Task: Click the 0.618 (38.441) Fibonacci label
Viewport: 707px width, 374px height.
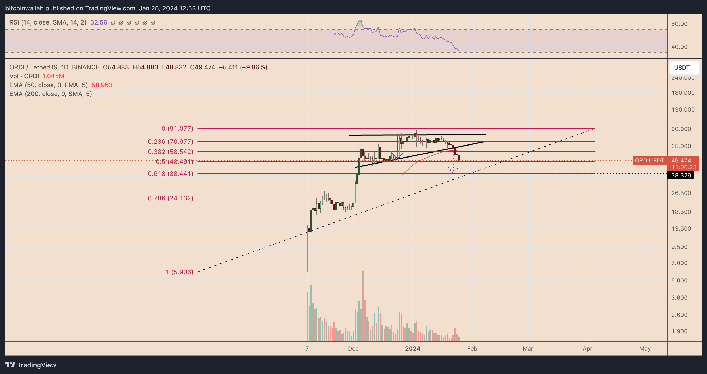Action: point(170,173)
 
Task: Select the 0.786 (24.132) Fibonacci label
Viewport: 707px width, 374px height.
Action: point(170,198)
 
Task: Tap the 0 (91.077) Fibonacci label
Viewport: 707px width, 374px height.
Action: point(177,128)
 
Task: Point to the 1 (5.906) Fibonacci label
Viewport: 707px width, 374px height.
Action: point(179,272)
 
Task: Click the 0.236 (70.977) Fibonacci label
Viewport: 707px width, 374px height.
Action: point(170,141)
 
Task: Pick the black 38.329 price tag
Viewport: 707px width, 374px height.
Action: point(681,175)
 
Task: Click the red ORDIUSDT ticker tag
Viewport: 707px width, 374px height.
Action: point(649,160)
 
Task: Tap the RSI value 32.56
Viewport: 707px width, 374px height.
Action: point(99,22)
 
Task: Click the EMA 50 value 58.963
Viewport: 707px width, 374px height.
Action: point(102,85)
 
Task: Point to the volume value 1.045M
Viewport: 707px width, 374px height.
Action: point(53,76)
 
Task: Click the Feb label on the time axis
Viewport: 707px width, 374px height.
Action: point(472,348)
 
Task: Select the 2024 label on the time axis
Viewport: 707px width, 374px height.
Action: point(413,348)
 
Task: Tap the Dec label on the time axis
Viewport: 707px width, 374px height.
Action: point(353,348)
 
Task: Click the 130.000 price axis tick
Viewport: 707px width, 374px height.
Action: point(683,110)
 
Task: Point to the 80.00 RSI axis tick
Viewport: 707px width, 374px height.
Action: point(679,24)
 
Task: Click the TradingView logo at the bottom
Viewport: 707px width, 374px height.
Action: point(31,365)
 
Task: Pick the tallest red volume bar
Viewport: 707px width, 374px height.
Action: point(363,306)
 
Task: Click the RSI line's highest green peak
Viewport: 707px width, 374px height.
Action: point(361,20)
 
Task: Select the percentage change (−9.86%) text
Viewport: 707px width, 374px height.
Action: point(253,67)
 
